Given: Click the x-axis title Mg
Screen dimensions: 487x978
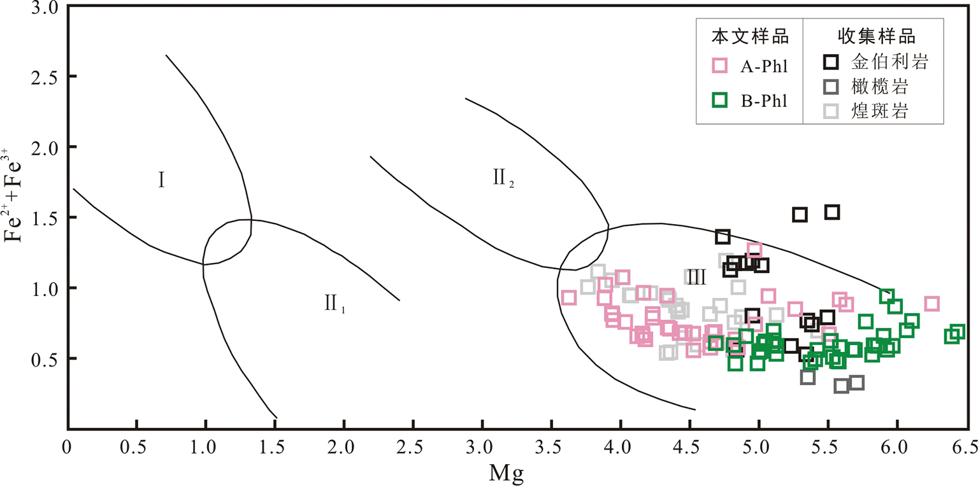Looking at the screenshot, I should [506, 473].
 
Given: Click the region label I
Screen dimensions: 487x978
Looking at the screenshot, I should [162, 181].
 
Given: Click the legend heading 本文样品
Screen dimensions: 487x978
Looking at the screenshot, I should [750, 36].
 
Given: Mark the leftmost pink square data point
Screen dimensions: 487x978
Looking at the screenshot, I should [569, 297].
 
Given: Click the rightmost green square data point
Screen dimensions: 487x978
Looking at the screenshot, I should [957, 332].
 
